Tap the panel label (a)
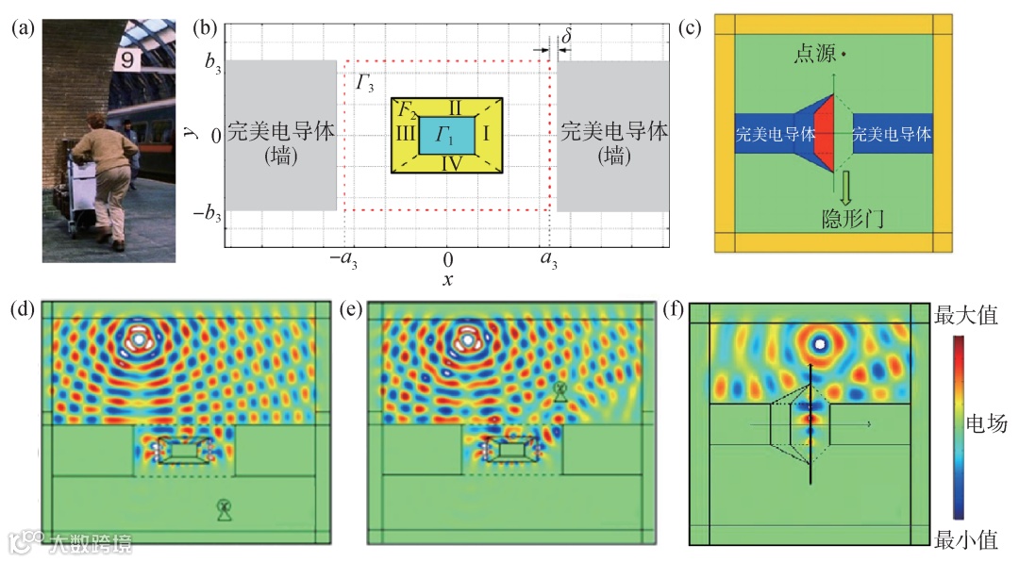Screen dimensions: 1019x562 point(23,28)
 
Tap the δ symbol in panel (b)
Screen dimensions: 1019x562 point(566,36)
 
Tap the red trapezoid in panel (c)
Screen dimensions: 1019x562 point(824,136)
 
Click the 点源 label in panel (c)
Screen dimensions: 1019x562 point(815,58)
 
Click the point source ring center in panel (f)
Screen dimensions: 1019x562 point(818,343)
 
